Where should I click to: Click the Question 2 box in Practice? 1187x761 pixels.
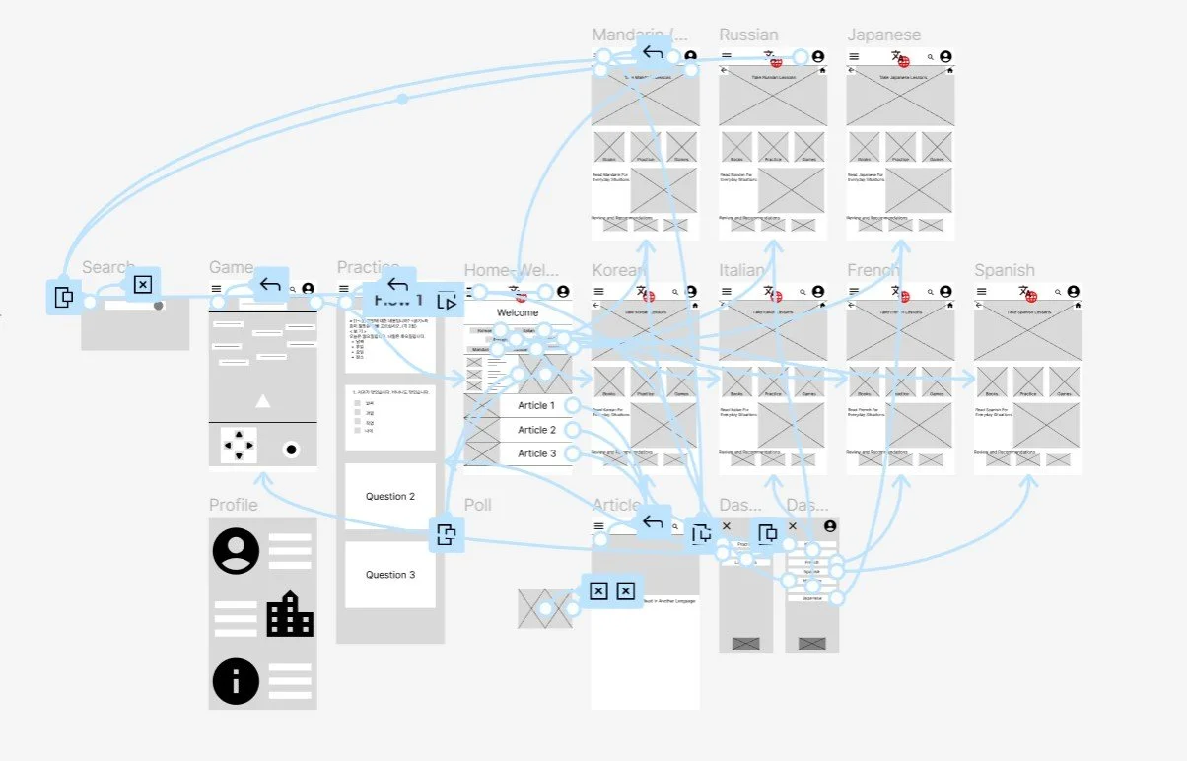[x=390, y=497]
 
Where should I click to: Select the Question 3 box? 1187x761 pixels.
[x=390, y=575]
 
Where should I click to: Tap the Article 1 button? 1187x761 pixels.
[x=536, y=406]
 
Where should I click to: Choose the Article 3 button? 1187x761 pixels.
[x=536, y=453]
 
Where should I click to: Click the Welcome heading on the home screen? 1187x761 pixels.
[x=518, y=313]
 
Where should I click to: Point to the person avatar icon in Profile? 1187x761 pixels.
[x=236, y=551]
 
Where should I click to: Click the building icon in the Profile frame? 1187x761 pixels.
[x=290, y=614]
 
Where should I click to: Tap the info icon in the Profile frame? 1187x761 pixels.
[x=236, y=680]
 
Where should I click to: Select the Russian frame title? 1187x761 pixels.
[x=748, y=35]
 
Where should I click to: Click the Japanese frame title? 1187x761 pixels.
[x=883, y=35]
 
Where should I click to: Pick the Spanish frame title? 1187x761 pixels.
[x=1005, y=270]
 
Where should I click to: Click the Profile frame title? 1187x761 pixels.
[x=234, y=505]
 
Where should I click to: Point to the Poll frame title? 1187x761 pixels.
[x=478, y=505]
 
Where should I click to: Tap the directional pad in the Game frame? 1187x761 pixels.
[x=239, y=445]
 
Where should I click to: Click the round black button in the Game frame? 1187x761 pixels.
[x=291, y=450]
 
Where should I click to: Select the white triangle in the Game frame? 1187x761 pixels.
[x=262, y=401]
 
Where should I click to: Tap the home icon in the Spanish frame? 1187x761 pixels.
[x=1078, y=306]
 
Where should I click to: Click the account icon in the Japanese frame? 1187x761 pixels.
[x=945, y=57]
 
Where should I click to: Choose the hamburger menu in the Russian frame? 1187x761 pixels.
[x=727, y=57]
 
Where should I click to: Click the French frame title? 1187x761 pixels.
[x=873, y=270]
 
